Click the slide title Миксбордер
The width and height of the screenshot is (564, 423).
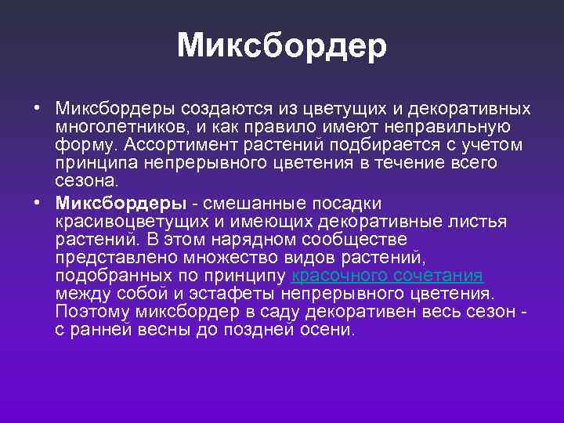pos(282,45)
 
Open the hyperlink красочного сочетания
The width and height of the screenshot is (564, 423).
pos(387,276)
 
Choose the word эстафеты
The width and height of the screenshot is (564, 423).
pos(239,295)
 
